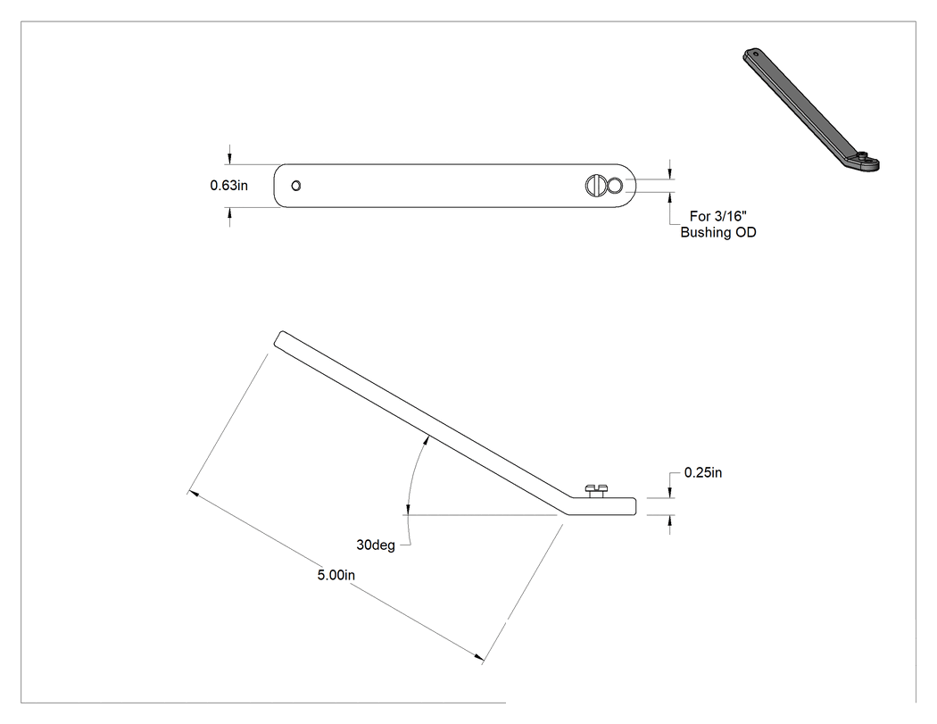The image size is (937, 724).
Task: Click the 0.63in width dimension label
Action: [228, 186]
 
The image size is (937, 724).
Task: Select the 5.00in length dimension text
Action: [336, 575]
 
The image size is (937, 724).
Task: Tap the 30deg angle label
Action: [376, 545]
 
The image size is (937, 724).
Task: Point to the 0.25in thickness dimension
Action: [703, 472]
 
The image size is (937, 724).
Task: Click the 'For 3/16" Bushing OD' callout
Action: [718, 224]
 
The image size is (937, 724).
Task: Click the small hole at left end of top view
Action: [295, 186]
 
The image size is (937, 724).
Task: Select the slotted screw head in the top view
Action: [595, 186]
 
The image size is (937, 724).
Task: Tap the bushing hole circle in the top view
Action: [615, 186]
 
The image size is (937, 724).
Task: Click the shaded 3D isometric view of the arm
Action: [811, 110]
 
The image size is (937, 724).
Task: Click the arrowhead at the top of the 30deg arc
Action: [426, 442]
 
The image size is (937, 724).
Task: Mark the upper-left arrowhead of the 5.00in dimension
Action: [193, 493]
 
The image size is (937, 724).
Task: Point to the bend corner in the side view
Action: [563, 513]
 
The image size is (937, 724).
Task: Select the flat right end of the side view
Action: [635, 506]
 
